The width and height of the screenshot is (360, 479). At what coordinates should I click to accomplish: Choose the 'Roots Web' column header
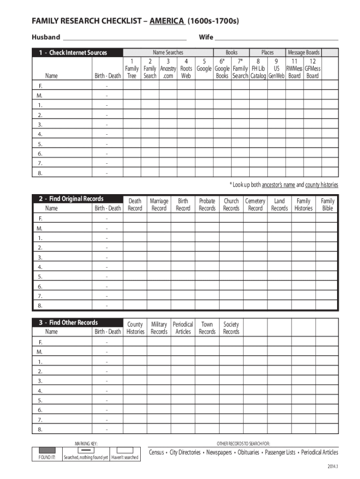pos(186,72)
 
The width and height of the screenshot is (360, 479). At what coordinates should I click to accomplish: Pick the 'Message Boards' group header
pos(303,52)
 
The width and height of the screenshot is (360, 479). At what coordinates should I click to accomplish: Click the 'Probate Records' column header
pos(207,204)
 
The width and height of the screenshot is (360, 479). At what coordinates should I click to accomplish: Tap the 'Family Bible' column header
pos(327,204)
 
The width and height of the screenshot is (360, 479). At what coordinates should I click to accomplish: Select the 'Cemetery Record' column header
pos(255,204)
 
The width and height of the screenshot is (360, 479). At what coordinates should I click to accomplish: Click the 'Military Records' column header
pos(159,328)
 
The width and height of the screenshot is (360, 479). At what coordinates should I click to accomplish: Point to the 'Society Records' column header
pos(231,328)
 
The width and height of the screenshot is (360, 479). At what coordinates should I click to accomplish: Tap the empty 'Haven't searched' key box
pos(124,450)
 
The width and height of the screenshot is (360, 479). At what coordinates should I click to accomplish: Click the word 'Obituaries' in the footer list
pos(248,452)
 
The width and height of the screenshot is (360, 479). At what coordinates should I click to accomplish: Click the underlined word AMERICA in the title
pos(167,21)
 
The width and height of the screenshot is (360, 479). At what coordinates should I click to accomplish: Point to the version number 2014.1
pos(332,467)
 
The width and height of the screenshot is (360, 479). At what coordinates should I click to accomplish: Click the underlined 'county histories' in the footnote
pos(322,185)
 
